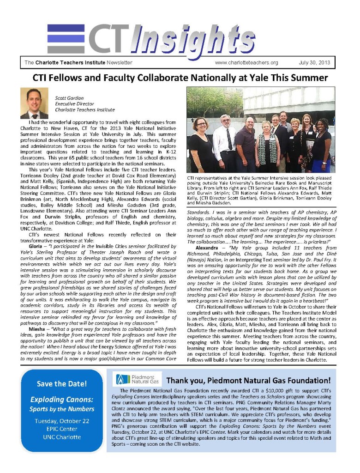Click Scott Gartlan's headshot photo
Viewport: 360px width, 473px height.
click(34, 103)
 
